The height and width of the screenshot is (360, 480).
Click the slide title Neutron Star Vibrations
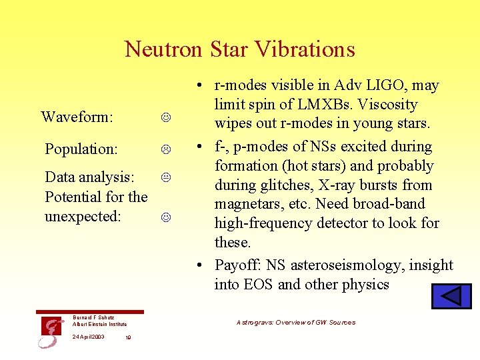[x=239, y=49]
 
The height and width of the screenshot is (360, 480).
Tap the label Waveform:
[x=77, y=117]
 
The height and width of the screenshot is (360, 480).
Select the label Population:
[x=81, y=149]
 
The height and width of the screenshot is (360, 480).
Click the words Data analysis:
[x=89, y=177]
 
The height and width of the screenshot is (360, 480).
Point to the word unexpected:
[x=83, y=217]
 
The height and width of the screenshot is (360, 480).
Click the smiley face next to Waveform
[x=165, y=118]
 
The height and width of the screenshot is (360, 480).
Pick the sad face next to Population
[x=165, y=149]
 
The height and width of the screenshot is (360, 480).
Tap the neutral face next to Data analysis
[x=165, y=177]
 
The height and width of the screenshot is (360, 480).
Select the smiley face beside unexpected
[x=165, y=217]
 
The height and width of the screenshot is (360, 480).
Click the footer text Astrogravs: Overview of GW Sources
[x=296, y=323]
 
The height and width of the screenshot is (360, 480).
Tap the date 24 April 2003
[x=88, y=337]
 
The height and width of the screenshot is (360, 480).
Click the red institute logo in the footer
[x=49, y=331]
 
